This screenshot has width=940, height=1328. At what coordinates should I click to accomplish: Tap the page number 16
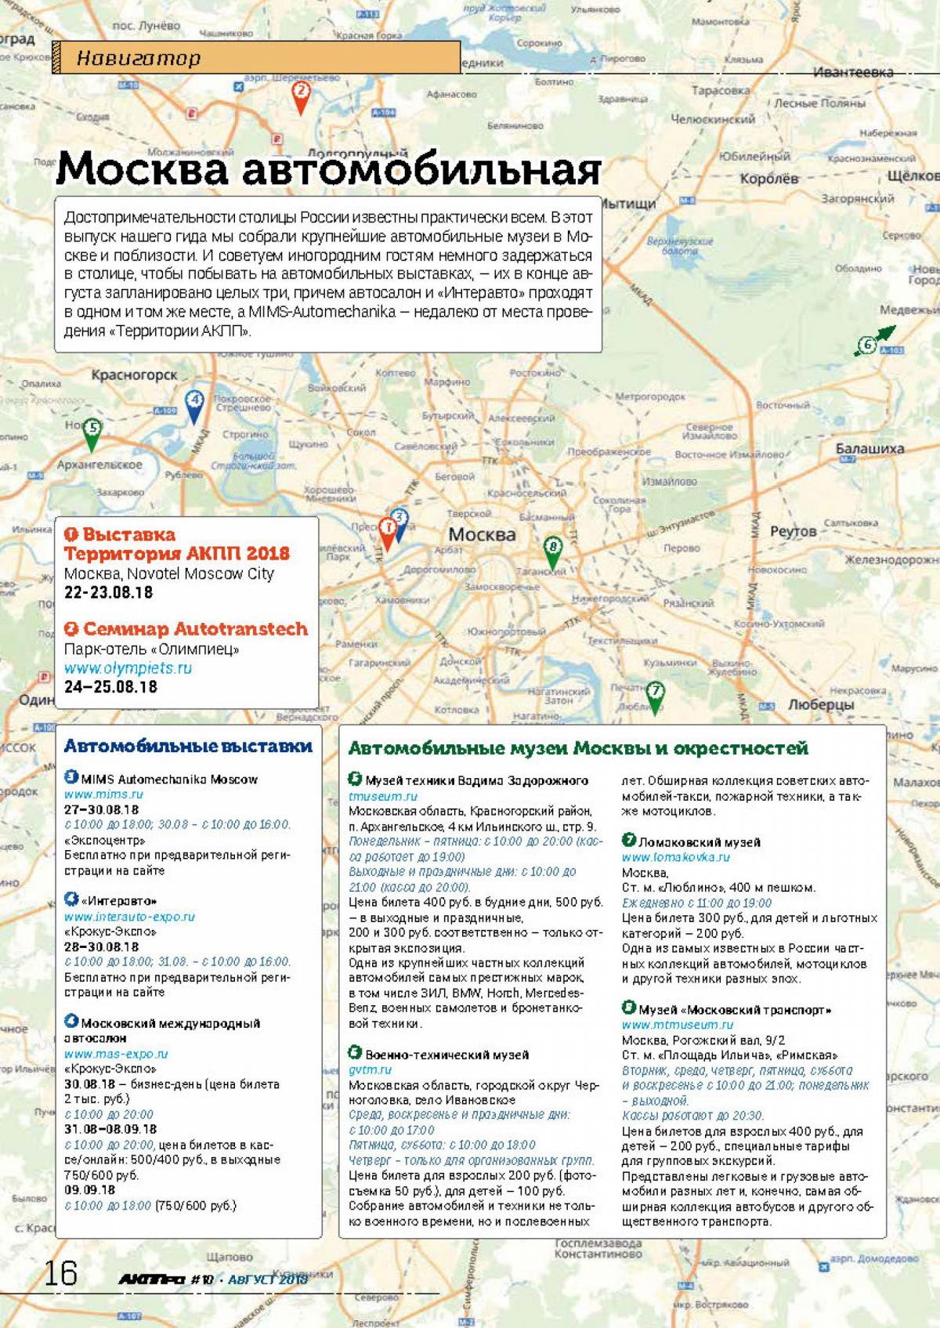click(60, 1272)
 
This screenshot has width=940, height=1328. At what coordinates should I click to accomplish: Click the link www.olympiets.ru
click(128, 668)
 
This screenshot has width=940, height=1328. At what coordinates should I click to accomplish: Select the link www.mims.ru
click(103, 794)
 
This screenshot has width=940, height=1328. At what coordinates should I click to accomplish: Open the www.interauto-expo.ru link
click(129, 916)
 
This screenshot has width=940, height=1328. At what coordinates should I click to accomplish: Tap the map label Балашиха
click(869, 449)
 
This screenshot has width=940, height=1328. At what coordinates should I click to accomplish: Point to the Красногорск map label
click(134, 375)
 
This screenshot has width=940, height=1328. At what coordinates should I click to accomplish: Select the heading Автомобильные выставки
click(188, 747)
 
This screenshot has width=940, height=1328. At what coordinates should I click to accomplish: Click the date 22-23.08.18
click(109, 592)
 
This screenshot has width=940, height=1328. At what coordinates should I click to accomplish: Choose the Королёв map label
click(768, 178)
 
